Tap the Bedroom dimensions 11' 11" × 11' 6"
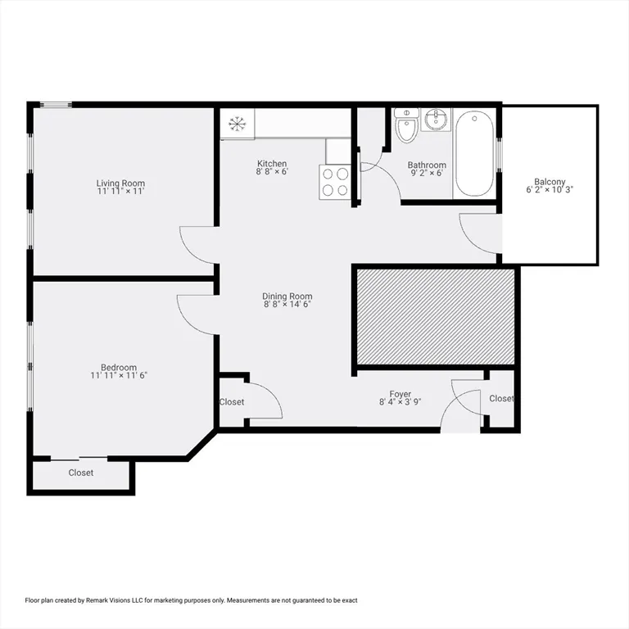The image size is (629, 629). [119, 376]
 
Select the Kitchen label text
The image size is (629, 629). [271, 164]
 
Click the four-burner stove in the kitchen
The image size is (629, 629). [334, 182]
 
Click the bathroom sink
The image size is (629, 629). [435, 121]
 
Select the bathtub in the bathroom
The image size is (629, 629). [474, 153]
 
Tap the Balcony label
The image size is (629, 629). [550, 182]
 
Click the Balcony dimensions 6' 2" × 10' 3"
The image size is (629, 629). [550, 190]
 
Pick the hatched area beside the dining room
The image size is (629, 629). [434, 315]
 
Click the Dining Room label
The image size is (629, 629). [287, 296]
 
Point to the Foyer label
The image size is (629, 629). [400, 394]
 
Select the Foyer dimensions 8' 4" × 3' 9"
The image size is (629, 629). [400, 402]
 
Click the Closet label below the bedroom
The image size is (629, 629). [80, 473]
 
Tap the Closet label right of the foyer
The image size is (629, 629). [501, 399]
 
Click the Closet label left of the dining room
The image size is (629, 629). [232, 402]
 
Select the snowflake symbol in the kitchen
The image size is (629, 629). [237, 124]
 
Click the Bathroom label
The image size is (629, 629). [427, 165]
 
